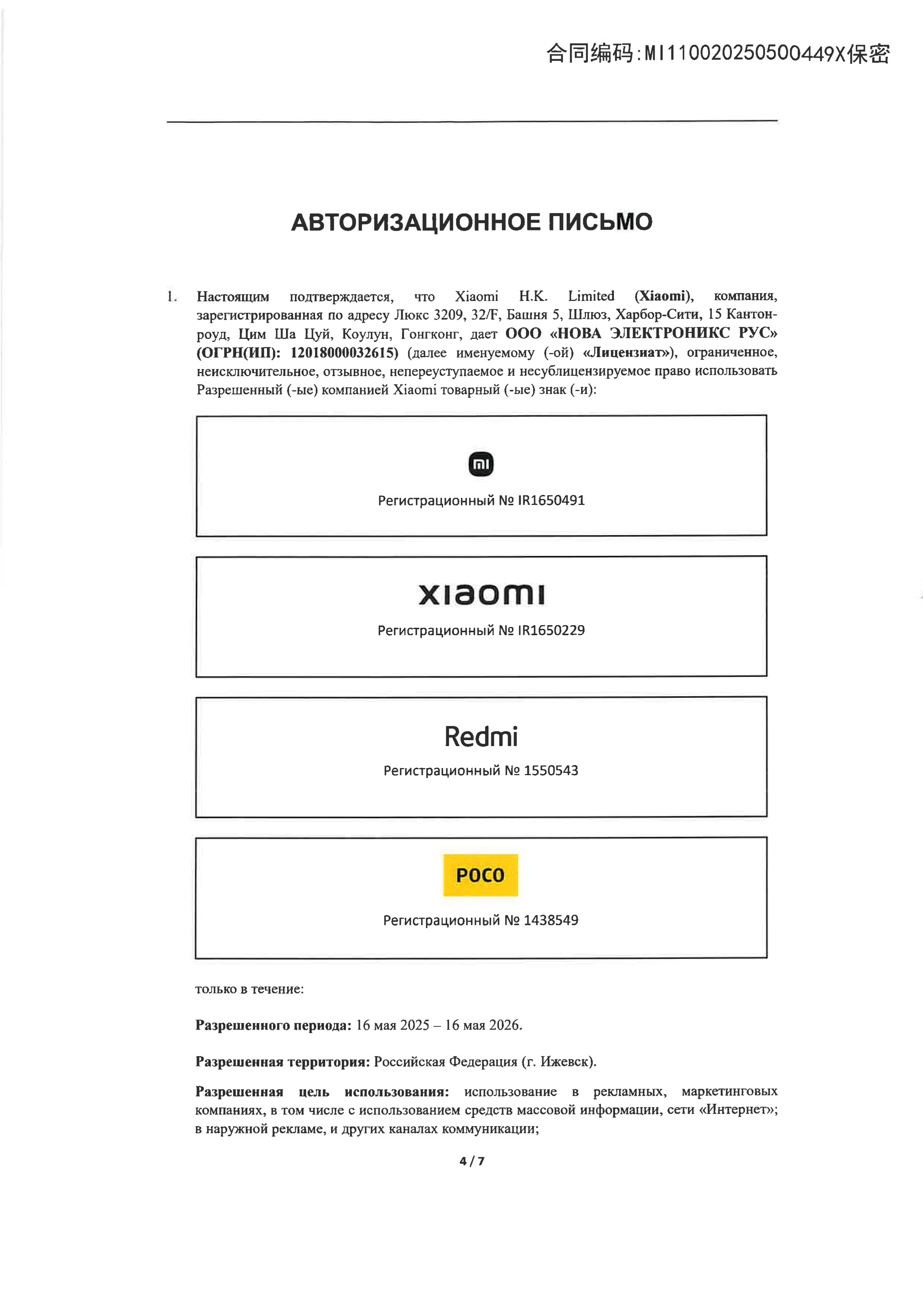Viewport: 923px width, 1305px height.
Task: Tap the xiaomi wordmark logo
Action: click(x=481, y=595)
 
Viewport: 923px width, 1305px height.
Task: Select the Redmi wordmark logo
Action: click(x=481, y=737)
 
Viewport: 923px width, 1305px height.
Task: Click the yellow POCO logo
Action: click(x=480, y=875)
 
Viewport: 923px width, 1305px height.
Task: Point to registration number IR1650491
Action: click(x=551, y=500)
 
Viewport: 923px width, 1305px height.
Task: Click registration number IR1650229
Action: click(x=551, y=630)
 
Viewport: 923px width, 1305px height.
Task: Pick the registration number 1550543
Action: click(x=551, y=771)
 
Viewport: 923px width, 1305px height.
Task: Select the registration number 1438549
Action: click(x=551, y=920)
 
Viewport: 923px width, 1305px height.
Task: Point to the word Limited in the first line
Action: click(x=591, y=296)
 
